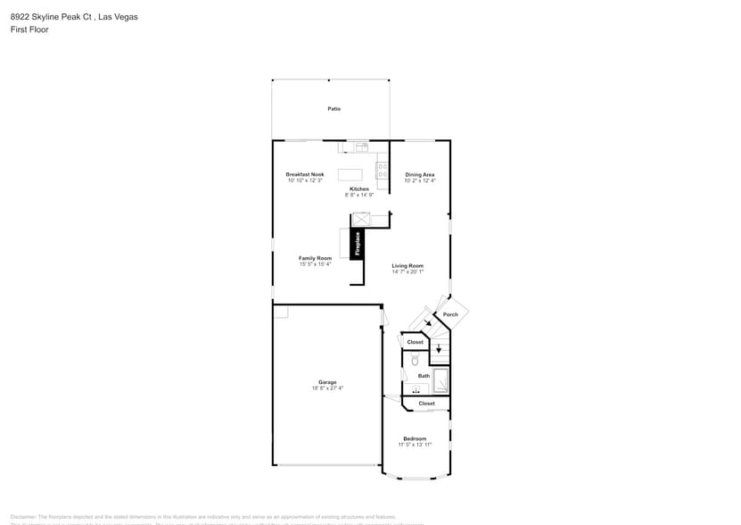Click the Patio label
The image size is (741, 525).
(x=333, y=109)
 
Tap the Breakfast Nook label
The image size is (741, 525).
(x=305, y=174)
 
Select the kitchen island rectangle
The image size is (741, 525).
(x=350, y=174)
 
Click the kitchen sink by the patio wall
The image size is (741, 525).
(x=358, y=147)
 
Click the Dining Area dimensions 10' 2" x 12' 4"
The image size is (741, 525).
(x=420, y=181)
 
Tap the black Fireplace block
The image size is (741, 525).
(x=357, y=244)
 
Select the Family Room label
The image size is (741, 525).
(x=315, y=258)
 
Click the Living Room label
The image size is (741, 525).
(x=408, y=265)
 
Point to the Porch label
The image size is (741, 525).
(x=450, y=314)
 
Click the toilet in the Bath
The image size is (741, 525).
(x=415, y=360)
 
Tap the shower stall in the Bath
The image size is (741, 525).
(x=440, y=380)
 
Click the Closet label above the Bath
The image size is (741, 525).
(x=416, y=342)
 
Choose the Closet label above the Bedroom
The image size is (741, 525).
(x=427, y=404)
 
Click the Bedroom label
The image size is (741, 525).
(x=415, y=438)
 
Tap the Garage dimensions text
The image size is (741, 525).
(x=327, y=388)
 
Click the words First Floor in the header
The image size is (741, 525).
(x=30, y=29)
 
